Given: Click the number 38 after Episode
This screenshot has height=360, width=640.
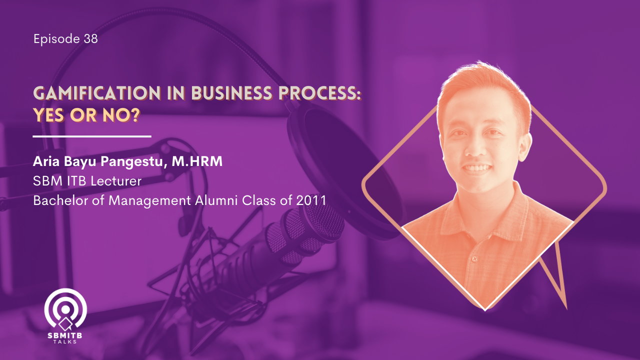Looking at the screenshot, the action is point(91,38).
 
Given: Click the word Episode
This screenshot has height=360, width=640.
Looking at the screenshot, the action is point(56,39).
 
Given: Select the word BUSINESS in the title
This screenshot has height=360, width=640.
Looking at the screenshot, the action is point(231,93).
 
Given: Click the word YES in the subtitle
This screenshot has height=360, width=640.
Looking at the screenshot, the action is point(48,115).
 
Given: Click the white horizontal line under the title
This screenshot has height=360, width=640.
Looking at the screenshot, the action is point(92,136).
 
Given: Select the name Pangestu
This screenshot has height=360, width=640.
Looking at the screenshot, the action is point(133,162).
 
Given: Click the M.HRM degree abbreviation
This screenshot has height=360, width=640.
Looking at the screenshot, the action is point(197,161).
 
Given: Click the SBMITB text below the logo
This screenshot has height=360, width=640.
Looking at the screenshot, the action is point(65,335).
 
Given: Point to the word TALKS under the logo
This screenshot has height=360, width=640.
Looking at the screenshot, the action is point(65,341).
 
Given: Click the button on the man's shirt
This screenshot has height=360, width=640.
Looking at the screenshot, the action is point(475,259).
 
